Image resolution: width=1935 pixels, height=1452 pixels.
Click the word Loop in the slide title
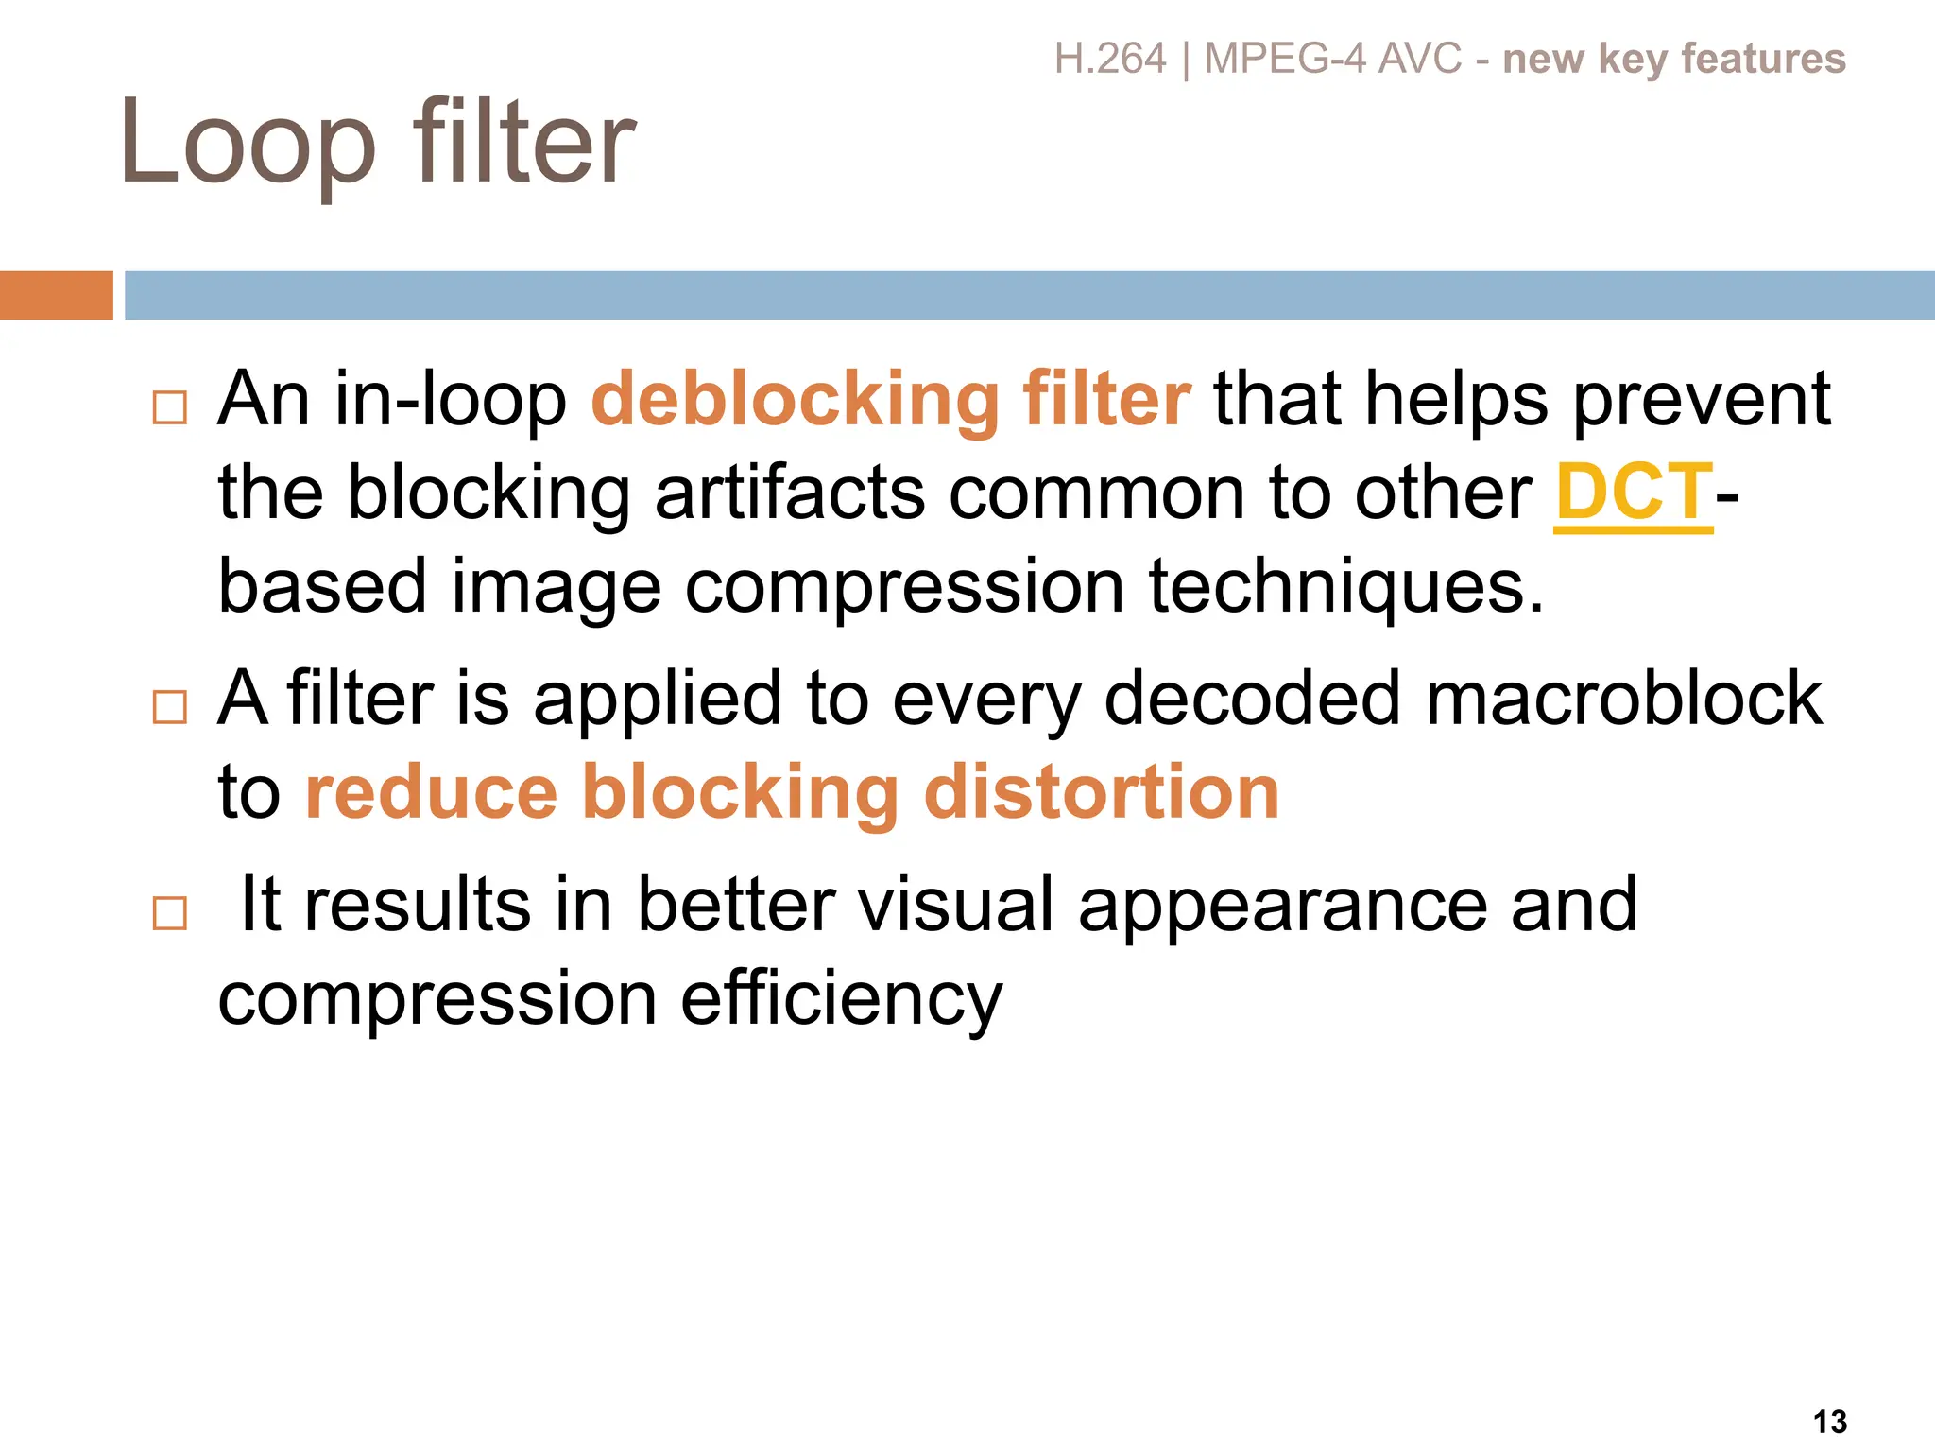pos(248,144)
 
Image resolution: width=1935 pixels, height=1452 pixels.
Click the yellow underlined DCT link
pos(1633,493)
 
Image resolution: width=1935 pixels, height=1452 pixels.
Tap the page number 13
pos(1830,1422)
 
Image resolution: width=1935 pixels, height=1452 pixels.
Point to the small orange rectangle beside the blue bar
pos(57,295)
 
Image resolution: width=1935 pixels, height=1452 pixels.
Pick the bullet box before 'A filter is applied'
pos(170,706)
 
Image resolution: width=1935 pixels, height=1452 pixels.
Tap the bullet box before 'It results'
pos(170,913)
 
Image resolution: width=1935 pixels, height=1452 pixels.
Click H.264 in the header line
pos(1110,59)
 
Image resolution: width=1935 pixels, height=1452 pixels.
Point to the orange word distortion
pos(1101,792)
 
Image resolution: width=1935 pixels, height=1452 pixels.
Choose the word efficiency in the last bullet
pos(841,1000)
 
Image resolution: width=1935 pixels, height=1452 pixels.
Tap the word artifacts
pos(790,493)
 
